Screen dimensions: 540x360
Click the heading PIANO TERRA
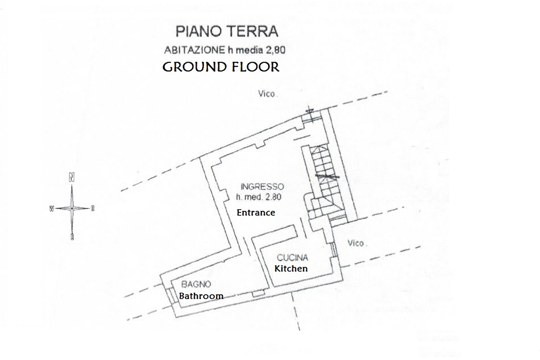coord(226,32)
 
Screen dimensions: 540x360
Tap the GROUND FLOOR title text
coord(221,67)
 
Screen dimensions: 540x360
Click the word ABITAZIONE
coord(194,50)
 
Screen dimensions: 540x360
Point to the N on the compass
coord(72,178)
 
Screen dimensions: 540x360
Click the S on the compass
coord(72,237)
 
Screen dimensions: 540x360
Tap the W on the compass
coord(51,209)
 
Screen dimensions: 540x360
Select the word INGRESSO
coord(262,186)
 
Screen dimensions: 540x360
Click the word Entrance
coord(256,212)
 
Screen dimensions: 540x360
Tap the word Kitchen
coord(291,268)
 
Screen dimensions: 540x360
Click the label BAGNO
coord(196,284)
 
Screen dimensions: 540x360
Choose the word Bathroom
coord(201,296)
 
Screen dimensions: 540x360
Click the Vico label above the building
coord(267,94)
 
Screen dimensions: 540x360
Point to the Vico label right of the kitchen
coord(356,243)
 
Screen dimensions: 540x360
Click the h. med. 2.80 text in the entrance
coord(259,197)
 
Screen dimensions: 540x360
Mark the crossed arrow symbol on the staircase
coord(327,177)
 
